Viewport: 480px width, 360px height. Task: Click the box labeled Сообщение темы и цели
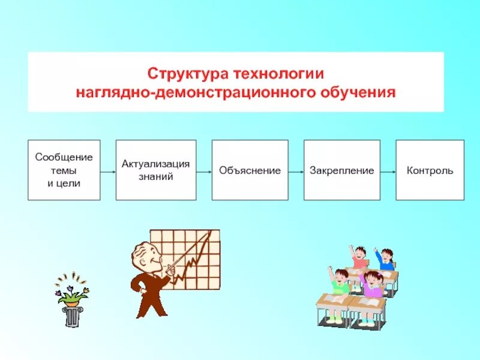coord(64,170)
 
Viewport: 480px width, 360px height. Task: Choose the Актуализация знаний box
coord(156,170)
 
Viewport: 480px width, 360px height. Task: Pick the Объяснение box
coord(250,170)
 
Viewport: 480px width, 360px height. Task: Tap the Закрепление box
coord(341,170)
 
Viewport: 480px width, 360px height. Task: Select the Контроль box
coord(430,170)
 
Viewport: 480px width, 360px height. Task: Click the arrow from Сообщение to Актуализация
coord(108,170)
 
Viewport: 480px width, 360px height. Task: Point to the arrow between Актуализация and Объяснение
coord(204,170)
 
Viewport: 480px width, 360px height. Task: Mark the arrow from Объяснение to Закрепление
coord(296,170)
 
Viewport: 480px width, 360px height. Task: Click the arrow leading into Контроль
coord(388,170)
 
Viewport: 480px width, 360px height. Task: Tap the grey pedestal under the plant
coord(72,317)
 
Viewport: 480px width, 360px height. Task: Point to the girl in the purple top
coord(373,285)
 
